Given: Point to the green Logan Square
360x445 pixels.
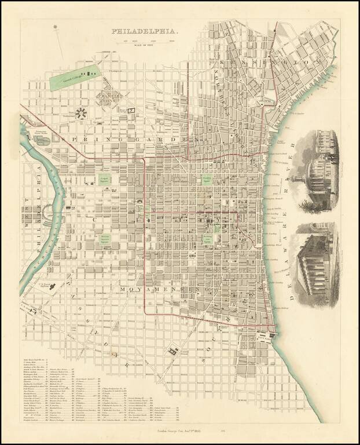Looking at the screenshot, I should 105,180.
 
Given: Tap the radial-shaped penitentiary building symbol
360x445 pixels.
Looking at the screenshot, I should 81,113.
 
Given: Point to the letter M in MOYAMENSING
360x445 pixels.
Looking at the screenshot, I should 124,288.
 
